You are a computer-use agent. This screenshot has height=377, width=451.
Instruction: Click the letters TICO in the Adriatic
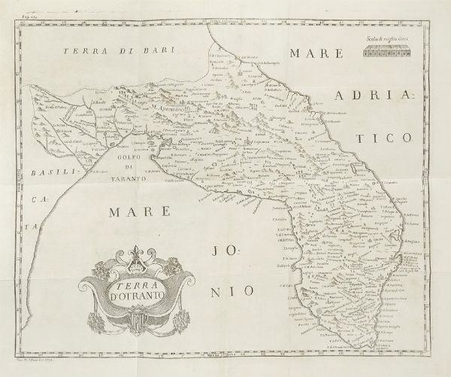[387, 139]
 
